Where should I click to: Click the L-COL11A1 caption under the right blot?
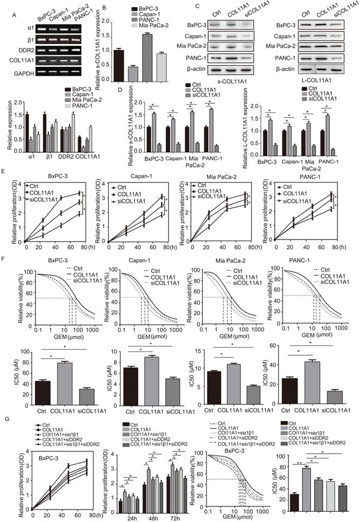point(315,81)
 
